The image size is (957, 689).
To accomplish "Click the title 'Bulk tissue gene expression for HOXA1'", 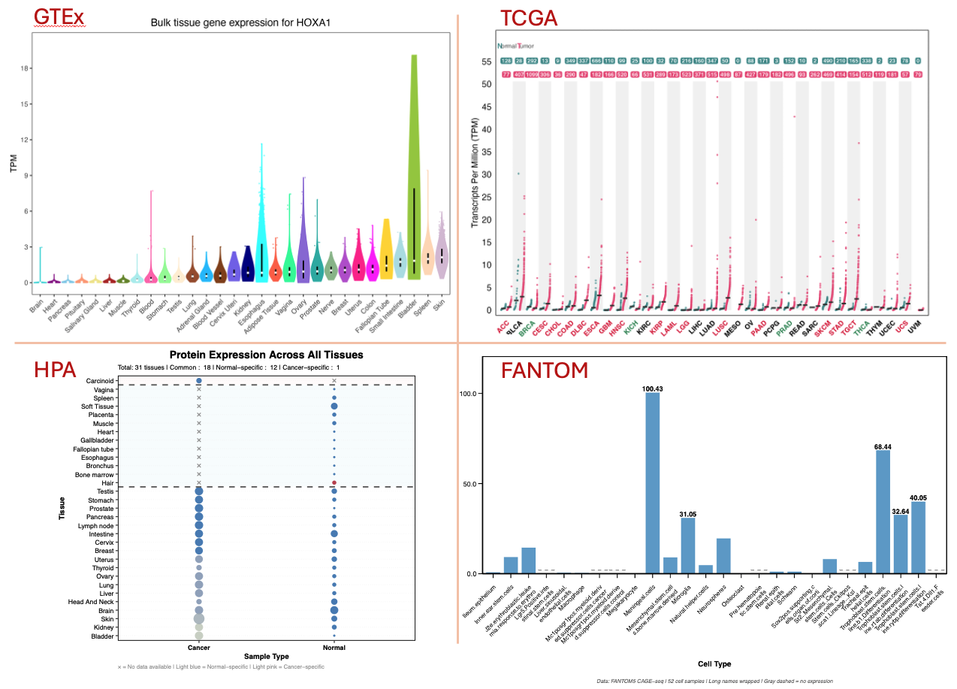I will click(241, 23).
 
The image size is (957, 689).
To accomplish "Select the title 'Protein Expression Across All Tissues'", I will click(266, 355).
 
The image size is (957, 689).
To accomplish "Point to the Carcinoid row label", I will click(98, 381).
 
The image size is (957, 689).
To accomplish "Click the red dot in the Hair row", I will click(334, 482).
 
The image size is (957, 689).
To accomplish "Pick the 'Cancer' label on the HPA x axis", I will click(198, 647).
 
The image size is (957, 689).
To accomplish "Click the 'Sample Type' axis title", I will click(266, 657).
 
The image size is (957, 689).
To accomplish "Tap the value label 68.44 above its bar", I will click(883, 446).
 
